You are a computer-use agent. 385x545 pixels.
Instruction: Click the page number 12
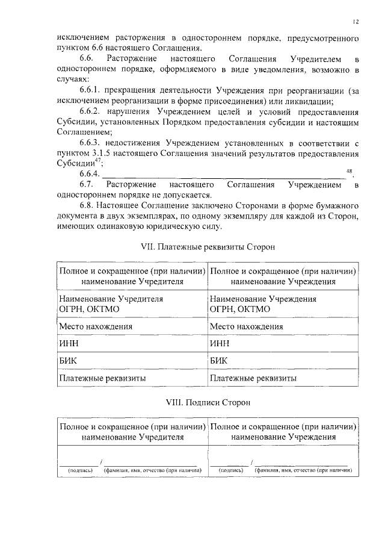click(356, 22)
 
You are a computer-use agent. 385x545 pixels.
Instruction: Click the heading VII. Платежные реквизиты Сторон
click(207, 248)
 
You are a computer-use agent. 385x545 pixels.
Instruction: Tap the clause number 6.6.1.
click(90, 90)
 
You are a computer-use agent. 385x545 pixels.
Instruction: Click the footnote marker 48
click(350, 171)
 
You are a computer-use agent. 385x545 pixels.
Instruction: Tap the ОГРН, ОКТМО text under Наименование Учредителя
click(88, 309)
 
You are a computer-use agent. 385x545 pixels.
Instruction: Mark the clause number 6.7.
click(87, 184)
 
